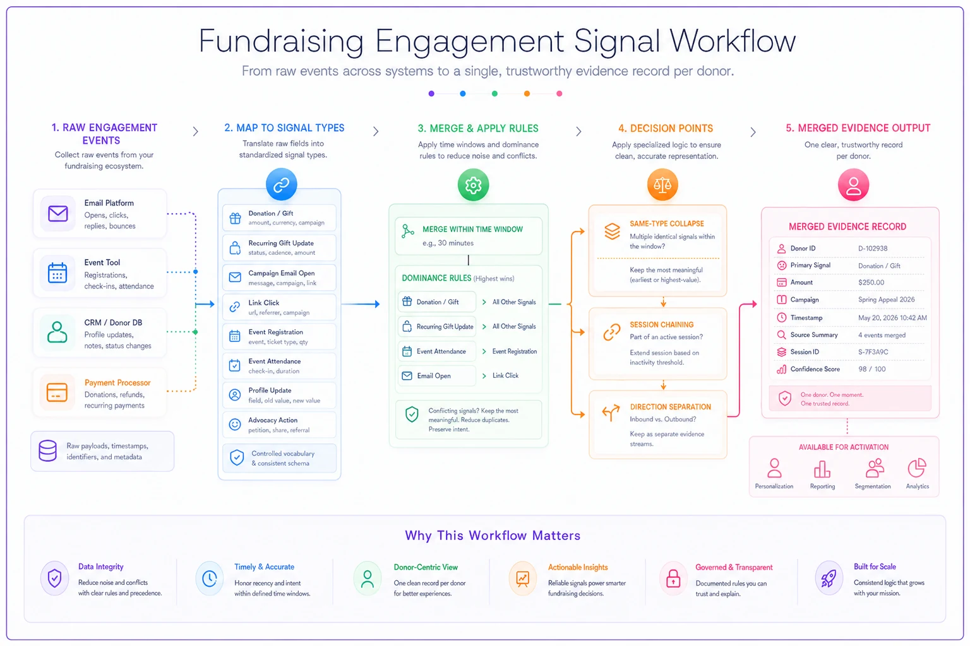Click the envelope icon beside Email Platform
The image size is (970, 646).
point(57,214)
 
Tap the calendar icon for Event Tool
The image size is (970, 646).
point(57,273)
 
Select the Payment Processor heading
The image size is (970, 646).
point(117,382)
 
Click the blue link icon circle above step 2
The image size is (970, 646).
point(282,184)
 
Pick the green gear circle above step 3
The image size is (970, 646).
point(473,185)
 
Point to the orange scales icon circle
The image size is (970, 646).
point(662,185)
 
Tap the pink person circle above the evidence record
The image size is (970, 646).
point(853,185)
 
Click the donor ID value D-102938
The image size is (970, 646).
point(873,249)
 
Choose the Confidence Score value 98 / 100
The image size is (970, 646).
point(871,369)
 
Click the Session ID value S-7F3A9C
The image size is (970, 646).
point(873,352)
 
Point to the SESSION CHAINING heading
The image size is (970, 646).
point(661,324)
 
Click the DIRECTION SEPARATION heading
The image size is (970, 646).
point(670,407)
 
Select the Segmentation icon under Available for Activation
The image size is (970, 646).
point(875,468)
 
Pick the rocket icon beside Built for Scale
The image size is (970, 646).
point(829,578)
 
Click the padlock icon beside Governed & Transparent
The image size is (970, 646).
point(673,578)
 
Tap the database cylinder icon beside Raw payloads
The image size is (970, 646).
point(47,450)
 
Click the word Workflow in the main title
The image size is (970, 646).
point(733,41)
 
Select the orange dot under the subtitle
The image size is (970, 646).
point(527,93)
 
